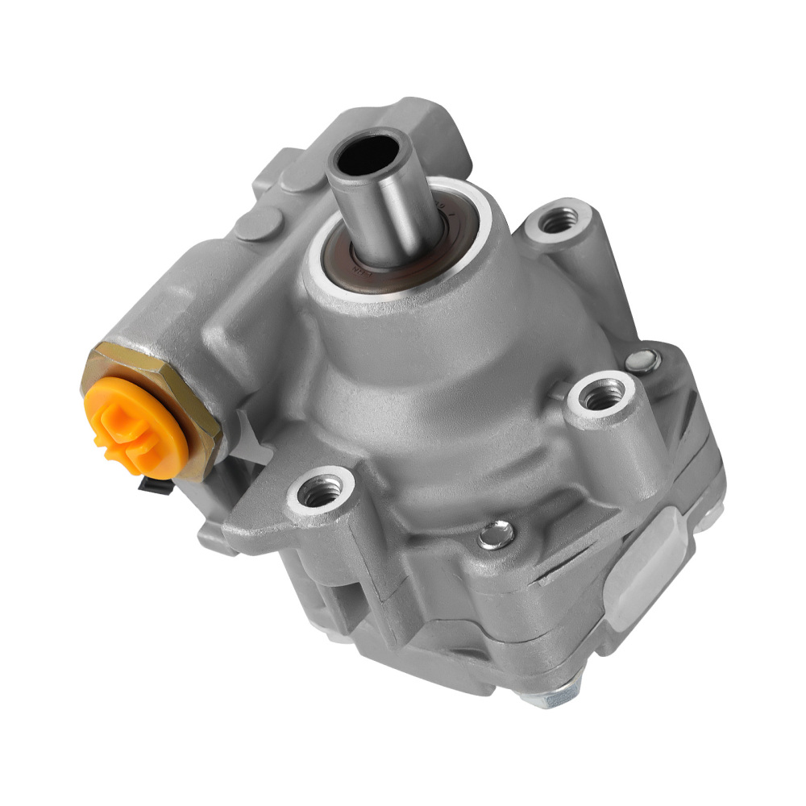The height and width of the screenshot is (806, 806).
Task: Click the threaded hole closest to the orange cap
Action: (322, 490)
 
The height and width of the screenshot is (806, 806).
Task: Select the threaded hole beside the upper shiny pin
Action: (601, 395)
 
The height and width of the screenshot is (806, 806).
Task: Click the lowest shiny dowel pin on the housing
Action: (496, 534)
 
